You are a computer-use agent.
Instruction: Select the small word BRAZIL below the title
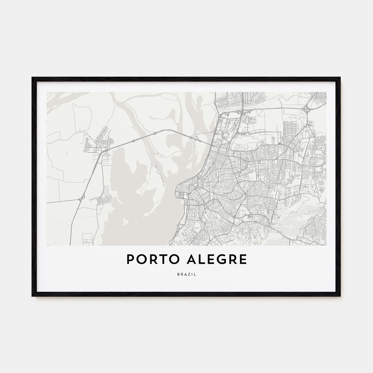click(186, 274)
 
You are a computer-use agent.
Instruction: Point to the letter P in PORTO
click(130, 260)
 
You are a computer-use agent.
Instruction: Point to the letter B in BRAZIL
click(178, 274)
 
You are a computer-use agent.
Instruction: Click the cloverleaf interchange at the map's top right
click(306, 109)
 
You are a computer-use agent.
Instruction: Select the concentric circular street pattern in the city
click(270, 184)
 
